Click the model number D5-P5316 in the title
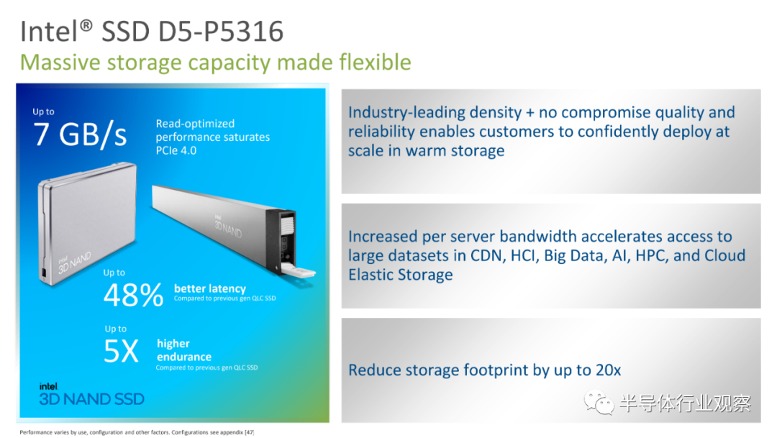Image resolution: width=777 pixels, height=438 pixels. (221, 31)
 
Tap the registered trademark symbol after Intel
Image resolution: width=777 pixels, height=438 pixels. (86, 24)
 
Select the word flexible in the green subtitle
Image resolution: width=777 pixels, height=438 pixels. (375, 63)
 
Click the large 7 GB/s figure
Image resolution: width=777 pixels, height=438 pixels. (80, 134)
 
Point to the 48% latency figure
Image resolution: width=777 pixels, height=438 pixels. (133, 295)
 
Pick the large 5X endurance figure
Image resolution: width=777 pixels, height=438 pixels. (121, 351)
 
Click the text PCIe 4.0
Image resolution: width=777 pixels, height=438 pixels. (176, 150)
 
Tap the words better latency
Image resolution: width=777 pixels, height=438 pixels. (209, 288)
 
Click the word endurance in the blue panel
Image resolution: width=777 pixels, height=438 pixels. (184, 357)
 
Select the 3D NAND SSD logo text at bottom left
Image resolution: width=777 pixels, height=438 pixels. (91, 399)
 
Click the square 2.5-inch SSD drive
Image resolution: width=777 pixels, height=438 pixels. (87, 224)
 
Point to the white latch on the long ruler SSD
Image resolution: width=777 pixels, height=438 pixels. (299, 270)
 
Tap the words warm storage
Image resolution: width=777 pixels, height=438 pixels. (455, 150)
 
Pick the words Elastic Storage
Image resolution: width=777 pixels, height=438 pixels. (401, 275)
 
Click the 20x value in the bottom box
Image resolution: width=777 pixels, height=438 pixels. (609, 370)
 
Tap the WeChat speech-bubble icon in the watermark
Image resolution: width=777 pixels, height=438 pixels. (599, 403)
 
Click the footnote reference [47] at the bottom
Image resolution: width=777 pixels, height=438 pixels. (249, 432)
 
